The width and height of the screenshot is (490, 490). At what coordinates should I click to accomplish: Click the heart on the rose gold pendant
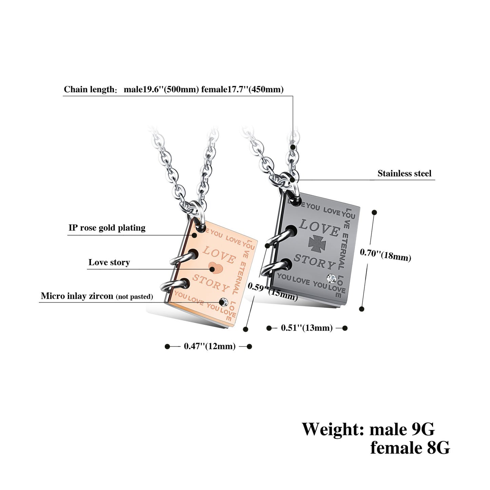pos(215,268)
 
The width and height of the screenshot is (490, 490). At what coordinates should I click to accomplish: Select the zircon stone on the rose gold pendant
pos(223,301)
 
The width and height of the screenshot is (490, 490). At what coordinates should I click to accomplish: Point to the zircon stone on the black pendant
pos(331,279)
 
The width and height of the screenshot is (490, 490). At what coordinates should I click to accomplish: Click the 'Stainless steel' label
pos(404,174)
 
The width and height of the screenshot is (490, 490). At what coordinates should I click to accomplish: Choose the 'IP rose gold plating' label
pos(107,228)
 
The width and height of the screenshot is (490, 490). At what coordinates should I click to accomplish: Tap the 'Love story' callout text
pos(109,262)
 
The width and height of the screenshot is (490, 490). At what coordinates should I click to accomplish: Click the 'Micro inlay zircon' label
pos(77,296)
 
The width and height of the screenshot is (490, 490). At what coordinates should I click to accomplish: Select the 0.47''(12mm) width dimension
pos(210,346)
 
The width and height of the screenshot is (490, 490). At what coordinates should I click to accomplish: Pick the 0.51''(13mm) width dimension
pos(307,328)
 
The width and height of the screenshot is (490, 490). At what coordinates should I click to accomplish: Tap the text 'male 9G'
pos(401,429)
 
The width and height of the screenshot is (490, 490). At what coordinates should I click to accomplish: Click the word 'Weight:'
pos(333,429)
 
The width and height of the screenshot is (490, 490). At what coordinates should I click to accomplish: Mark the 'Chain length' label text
pos(90,90)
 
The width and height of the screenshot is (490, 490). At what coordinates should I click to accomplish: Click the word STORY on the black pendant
pos(314,261)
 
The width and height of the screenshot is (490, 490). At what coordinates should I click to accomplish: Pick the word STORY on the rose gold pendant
pos(211,283)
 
